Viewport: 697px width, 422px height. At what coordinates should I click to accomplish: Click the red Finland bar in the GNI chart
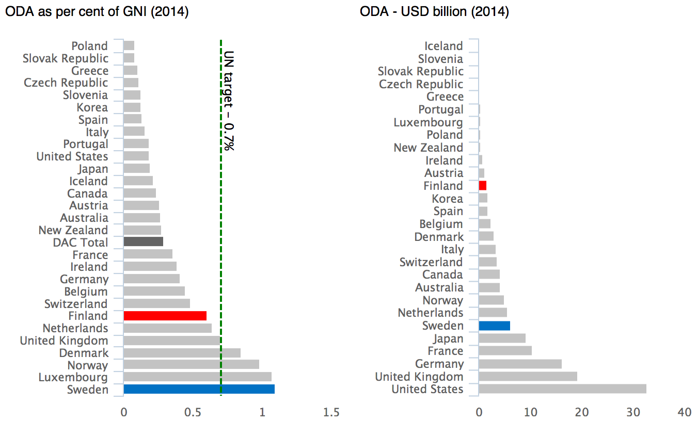165,316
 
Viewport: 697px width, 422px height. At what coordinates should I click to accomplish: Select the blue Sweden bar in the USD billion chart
494,326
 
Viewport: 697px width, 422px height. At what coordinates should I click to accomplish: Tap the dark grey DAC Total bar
143,242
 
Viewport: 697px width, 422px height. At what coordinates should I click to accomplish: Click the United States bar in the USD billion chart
562,389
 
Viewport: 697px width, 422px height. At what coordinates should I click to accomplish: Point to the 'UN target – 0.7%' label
229,101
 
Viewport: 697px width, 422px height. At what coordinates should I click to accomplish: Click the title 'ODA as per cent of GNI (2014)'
97,11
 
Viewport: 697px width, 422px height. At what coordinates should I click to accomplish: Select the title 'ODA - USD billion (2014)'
434,11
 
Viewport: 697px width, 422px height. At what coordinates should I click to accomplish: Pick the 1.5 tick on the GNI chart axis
331,412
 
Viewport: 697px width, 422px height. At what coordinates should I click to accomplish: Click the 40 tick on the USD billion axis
685,412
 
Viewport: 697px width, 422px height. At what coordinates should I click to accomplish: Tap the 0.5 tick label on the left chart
193,412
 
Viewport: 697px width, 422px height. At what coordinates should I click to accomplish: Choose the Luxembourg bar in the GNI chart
197,377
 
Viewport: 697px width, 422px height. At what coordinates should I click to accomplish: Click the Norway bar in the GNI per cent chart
191,365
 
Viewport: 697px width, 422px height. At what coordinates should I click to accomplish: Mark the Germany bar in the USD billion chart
520,364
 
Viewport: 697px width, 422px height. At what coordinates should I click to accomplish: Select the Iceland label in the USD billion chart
443,46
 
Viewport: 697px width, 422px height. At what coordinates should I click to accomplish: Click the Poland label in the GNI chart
89,46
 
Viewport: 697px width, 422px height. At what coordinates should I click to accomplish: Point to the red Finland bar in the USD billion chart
483,186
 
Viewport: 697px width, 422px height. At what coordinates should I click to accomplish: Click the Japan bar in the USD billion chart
502,338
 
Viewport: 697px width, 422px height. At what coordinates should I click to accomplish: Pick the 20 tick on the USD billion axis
582,412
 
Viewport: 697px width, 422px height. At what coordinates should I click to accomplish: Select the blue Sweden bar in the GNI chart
199,389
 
